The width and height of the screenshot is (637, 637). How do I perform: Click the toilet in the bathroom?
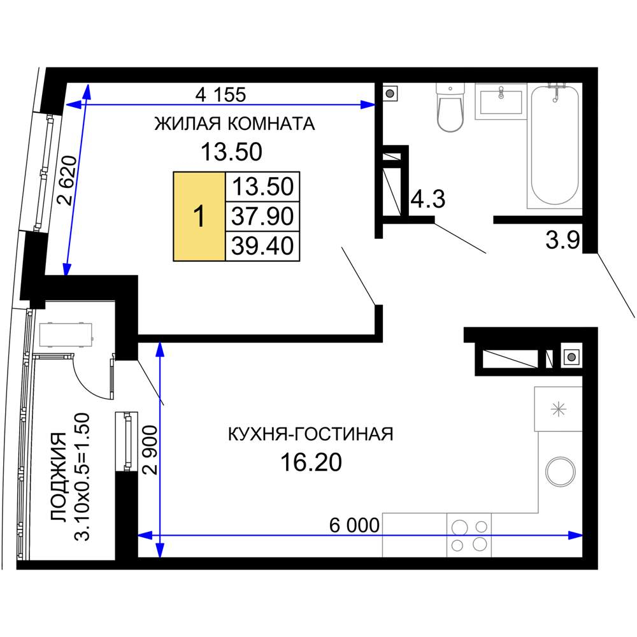tap(450, 107)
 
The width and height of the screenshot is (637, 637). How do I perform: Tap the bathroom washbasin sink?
tap(501, 101)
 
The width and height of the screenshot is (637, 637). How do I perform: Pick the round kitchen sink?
tap(560, 472)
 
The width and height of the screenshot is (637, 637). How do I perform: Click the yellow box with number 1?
tap(199, 216)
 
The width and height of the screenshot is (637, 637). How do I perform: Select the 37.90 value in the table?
tap(262, 216)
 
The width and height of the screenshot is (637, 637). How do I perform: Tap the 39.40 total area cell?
tap(262, 246)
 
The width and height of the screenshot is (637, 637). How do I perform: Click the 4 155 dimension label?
tap(220, 95)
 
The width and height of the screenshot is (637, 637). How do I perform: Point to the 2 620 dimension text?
tap(68, 180)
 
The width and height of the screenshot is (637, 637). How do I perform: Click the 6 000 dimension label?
tap(354, 526)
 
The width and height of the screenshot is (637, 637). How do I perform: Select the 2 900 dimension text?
tap(150, 450)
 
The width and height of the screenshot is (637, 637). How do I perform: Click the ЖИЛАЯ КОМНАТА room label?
tap(234, 124)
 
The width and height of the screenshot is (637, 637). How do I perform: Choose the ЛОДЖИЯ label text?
tap(58, 476)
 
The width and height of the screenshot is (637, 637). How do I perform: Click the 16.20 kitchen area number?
tap(311, 462)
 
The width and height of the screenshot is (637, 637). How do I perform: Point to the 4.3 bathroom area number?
tap(428, 199)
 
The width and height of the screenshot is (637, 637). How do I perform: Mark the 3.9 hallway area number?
tap(562, 241)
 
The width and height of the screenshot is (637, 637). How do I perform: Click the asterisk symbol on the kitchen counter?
tap(558, 409)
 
